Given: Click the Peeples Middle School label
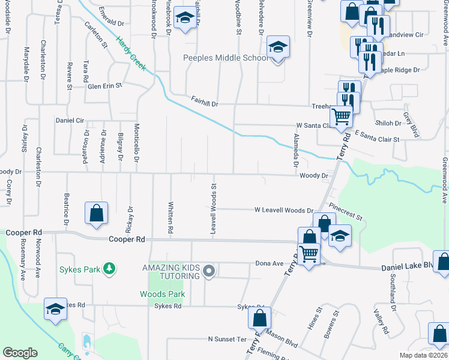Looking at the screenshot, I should [226, 58].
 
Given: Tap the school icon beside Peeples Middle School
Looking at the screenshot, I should [277, 47].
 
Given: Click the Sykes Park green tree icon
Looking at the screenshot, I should [109, 268].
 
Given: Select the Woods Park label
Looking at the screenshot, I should [162, 294].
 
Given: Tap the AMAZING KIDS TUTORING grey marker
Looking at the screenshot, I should [209, 271].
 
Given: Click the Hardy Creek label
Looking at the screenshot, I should [131, 53].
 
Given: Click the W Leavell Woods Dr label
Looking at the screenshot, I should [284, 211].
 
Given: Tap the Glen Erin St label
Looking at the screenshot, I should [105, 86].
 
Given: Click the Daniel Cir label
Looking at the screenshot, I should [70, 120].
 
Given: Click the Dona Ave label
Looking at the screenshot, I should [269, 263].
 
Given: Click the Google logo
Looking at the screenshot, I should [20, 353].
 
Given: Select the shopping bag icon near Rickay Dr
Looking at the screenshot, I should [96, 213].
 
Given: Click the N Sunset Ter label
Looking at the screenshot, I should [228, 339].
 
